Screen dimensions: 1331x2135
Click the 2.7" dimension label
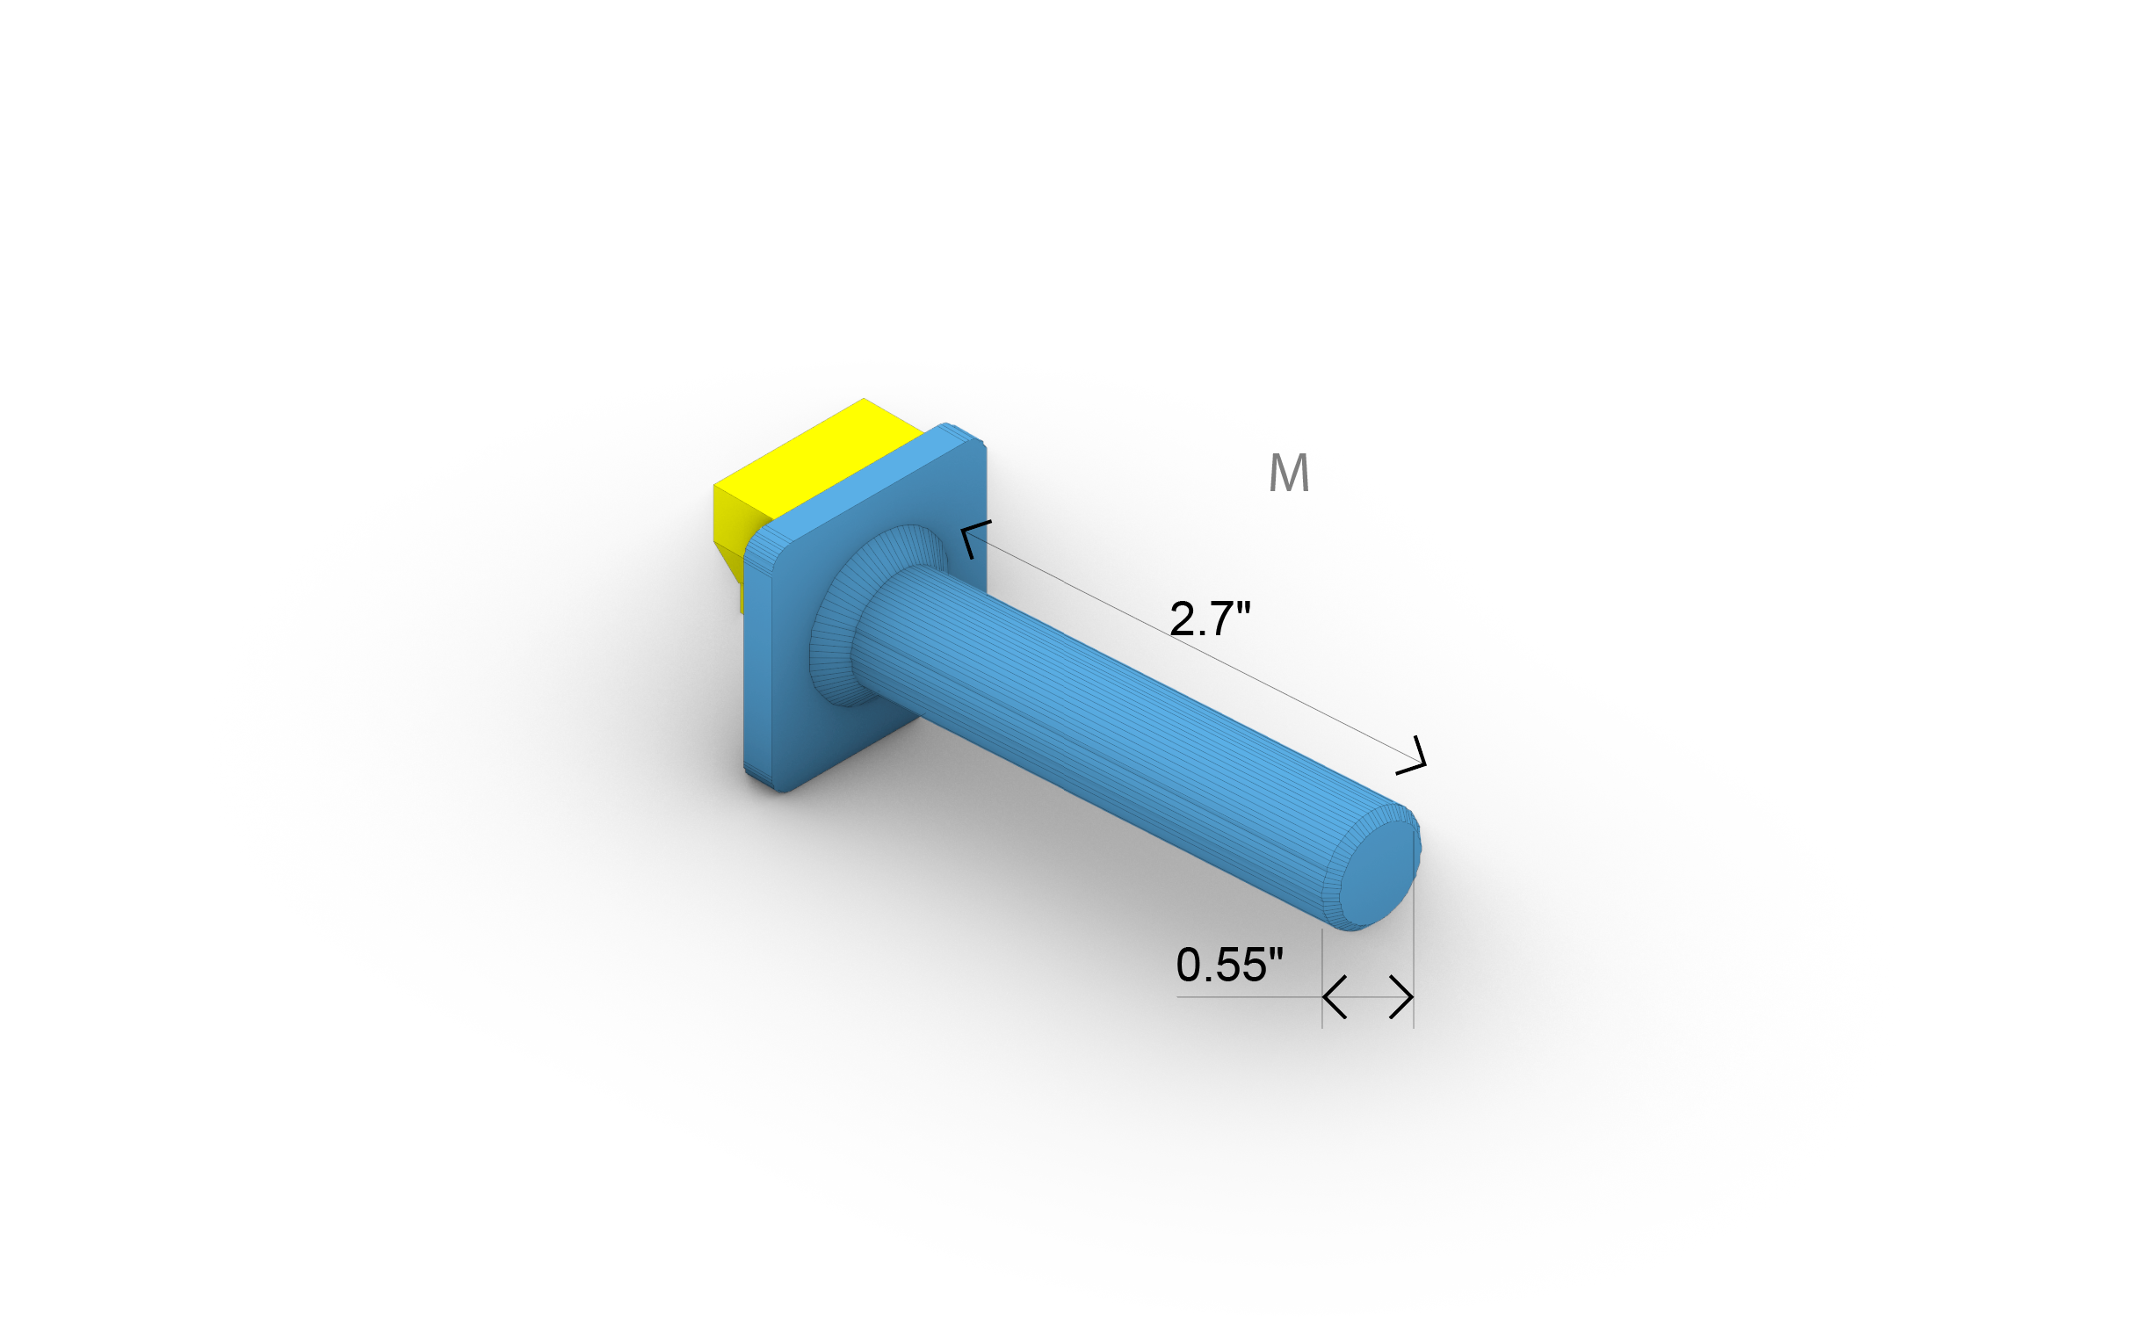1209,618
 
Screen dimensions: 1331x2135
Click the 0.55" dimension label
1229,965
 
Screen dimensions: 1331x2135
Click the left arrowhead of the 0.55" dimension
1333,997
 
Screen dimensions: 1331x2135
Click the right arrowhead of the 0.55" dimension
1403,997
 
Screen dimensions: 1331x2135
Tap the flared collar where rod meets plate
836,616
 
